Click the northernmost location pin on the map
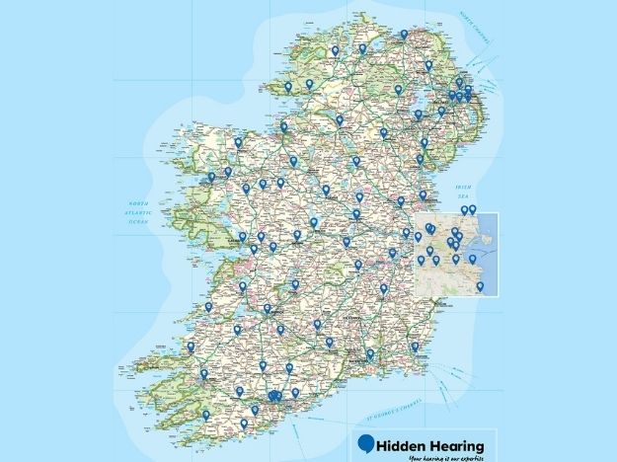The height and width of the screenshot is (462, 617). [404, 35]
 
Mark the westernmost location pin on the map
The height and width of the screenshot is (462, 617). [191, 346]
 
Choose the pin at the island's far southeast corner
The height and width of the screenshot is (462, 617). [415, 346]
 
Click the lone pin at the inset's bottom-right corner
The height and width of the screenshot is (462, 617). [480, 286]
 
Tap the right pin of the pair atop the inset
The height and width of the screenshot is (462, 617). [473, 209]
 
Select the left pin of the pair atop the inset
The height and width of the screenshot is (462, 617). [464, 210]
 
